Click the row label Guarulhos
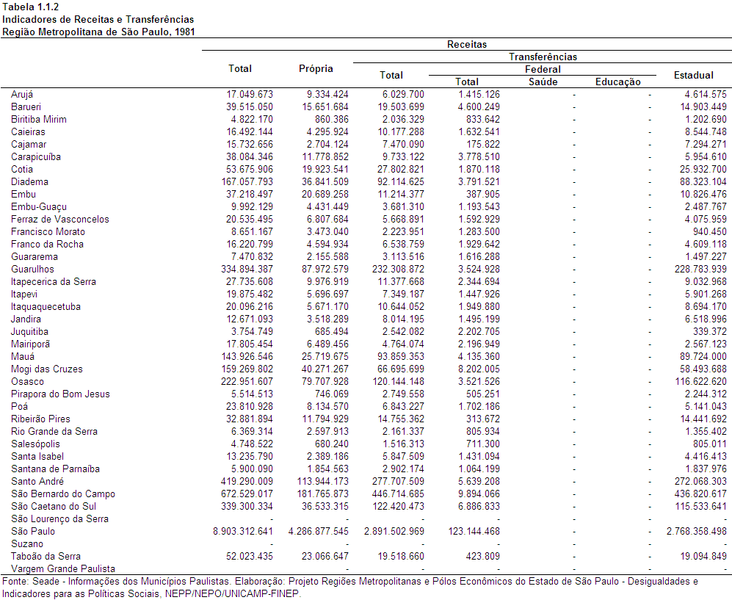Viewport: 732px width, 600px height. [32, 269]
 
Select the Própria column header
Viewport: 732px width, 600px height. [316, 68]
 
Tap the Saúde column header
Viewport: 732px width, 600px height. [543, 82]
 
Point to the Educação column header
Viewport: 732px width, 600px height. [617, 82]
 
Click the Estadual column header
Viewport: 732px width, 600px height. [693, 75]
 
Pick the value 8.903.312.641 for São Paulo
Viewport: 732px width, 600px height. [243, 532]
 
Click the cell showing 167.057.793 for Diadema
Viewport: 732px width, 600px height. [247, 181]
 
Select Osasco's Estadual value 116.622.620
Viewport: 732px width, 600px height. [700, 381]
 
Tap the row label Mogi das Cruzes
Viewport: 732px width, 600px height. [47, 369]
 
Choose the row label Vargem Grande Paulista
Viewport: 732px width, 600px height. [63, 568]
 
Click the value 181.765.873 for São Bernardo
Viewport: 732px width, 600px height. [322, 494]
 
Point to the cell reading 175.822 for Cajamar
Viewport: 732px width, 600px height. [483, 144]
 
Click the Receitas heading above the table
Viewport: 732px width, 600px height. [467, 44]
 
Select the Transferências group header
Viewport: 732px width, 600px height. [543, 57]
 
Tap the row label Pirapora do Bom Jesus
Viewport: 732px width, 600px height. [60, 394]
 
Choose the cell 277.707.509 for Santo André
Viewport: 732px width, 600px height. [398, 482]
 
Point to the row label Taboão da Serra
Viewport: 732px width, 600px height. [46, 556]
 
